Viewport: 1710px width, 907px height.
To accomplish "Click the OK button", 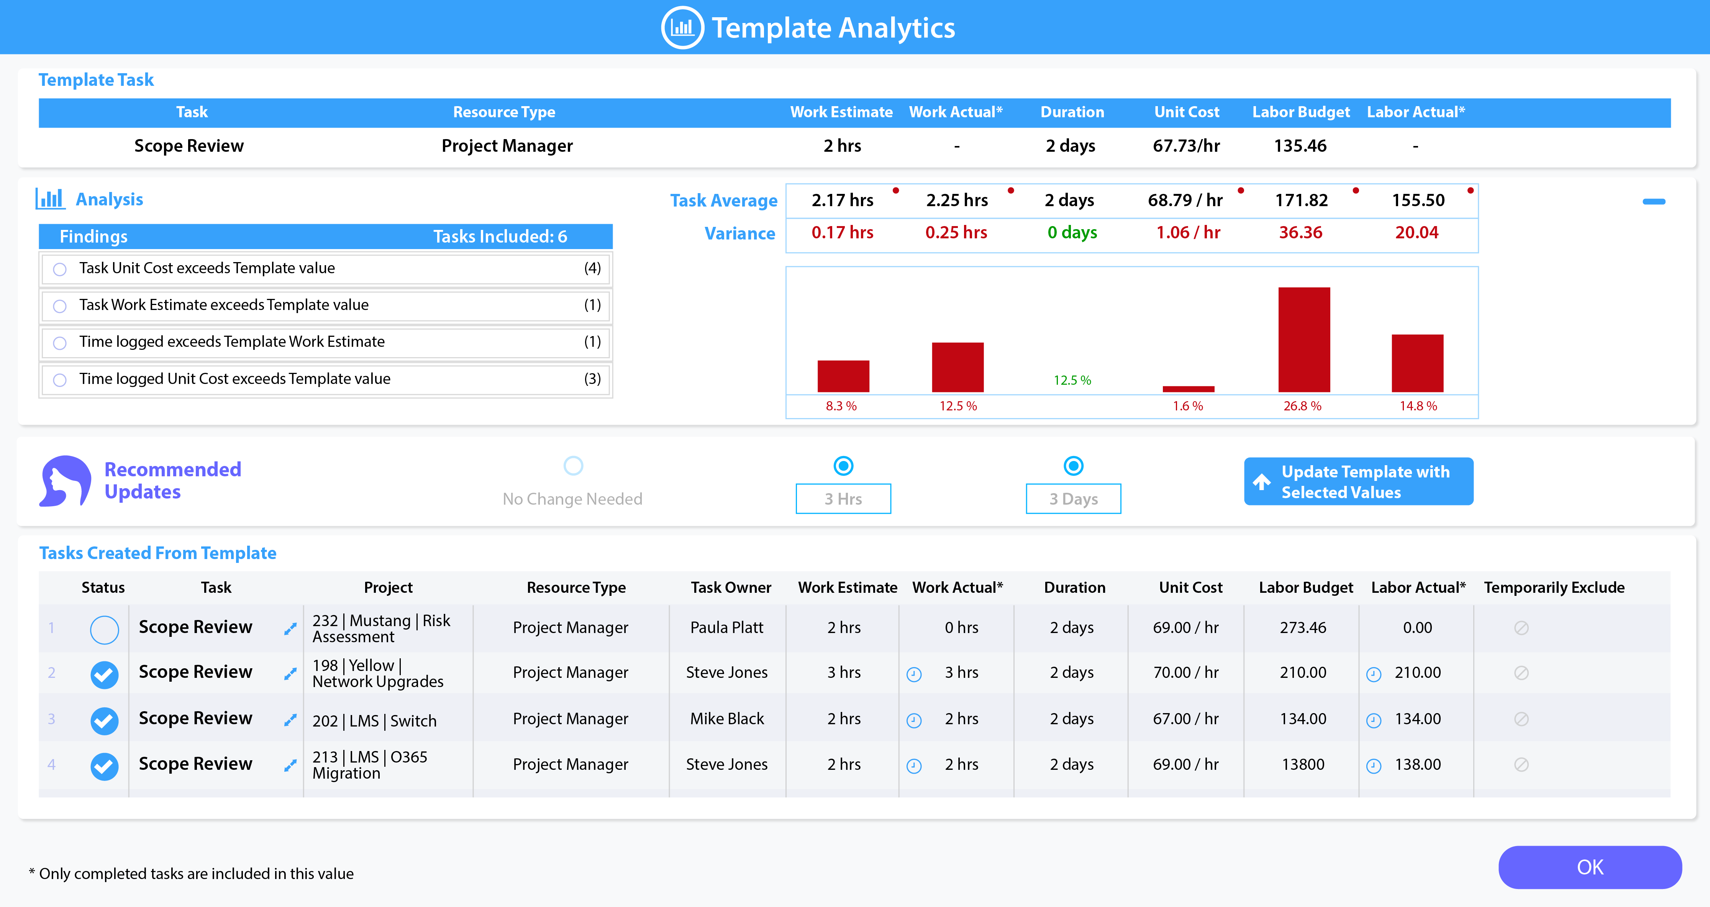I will tap(1589, 867).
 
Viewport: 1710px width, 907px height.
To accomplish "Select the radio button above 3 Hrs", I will tap(843, 466).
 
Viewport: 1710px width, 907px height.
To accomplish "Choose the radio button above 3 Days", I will tap(1074, 466).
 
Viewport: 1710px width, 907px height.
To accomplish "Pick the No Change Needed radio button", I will tap(573, 466).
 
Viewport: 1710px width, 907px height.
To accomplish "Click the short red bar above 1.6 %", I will tap(1188, 389).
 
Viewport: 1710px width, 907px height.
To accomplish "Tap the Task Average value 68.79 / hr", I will tap(1185, 200).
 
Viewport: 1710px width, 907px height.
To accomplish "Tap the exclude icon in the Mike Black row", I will tap(1521, 719).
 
